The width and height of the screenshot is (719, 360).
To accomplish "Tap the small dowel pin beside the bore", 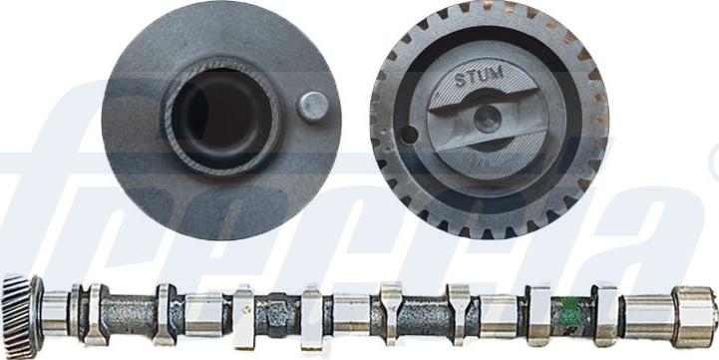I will pos(313,106).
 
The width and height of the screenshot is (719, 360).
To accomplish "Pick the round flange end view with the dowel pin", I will pos(221,120).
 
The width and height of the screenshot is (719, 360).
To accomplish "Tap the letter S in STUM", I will pos(459,77).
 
